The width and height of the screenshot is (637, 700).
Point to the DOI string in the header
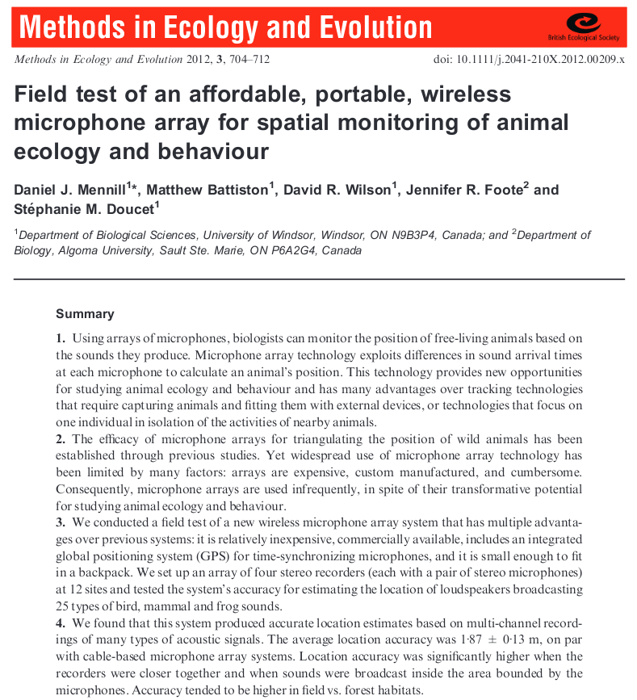coord(529,60)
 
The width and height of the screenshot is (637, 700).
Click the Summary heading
coord(85,313)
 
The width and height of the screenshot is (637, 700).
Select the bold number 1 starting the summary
coord(60,338)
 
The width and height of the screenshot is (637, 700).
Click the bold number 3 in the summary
coord(60,523)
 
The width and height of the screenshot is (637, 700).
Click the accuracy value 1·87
coord(440,640)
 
